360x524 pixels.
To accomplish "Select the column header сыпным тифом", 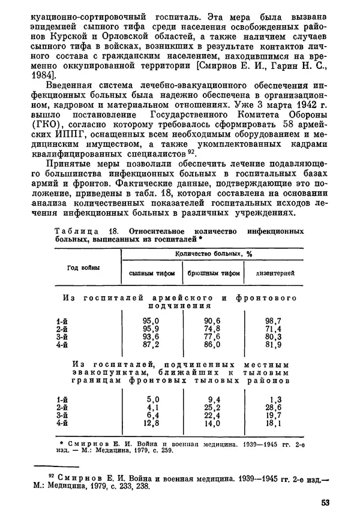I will (x=152, y=273).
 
